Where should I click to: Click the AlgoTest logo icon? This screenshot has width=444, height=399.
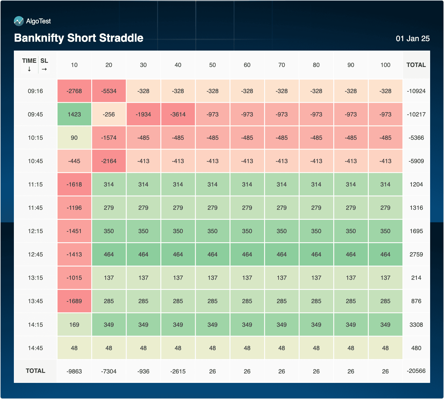pyautogui.click(x=19, y=21)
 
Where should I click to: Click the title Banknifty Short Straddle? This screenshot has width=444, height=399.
pyautogui.click(x=79, y=38)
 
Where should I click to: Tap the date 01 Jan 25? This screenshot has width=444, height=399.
pyautogui.click(x=412, y=39)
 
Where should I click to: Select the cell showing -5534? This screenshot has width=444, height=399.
pyautogui.click(x=109, y=91)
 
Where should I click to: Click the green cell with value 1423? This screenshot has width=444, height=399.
pyautogui.click(x=74, y=114)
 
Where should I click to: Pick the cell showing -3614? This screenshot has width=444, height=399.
pyautogui.click(x=178, y=114)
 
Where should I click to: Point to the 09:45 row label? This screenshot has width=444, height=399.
pyautogui.click(x=35, y=114)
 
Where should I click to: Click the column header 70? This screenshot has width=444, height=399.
pyautogui.click(x=281, y=65)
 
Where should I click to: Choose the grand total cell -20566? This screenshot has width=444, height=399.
pyautogui.click(x=416, y=371)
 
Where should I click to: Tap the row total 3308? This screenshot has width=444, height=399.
pyautogui.click(x=416, y=325)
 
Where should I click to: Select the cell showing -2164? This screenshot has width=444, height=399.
pyautogui.click(x=109, y=161)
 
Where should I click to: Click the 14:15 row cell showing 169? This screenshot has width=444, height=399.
pyautogui.click(x=74, y=325)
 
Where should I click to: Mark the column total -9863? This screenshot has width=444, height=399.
pyautogui.click(x=74, y=371)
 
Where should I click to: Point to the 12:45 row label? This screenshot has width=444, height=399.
pyautogui.click(x=35, y=255)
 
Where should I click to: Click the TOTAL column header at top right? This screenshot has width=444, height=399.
pyautogui.click(x=416, y=65)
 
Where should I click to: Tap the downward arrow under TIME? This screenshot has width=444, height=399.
pyautogui.click(x=29, y=69)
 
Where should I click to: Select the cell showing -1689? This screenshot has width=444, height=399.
pyautogui.click(x=74, y=301)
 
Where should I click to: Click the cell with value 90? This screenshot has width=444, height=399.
pyautogui.click(x=74, y=138)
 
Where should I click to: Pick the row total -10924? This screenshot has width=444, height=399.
pyautogui.click(x=416, y=91)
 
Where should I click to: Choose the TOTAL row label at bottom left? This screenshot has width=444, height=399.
pyautogui.click(x=35, y=371)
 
